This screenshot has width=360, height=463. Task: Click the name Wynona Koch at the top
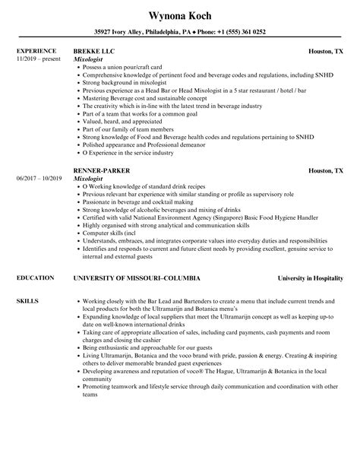coord(179,14)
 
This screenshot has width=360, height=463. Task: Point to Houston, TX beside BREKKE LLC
coord(326,52)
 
